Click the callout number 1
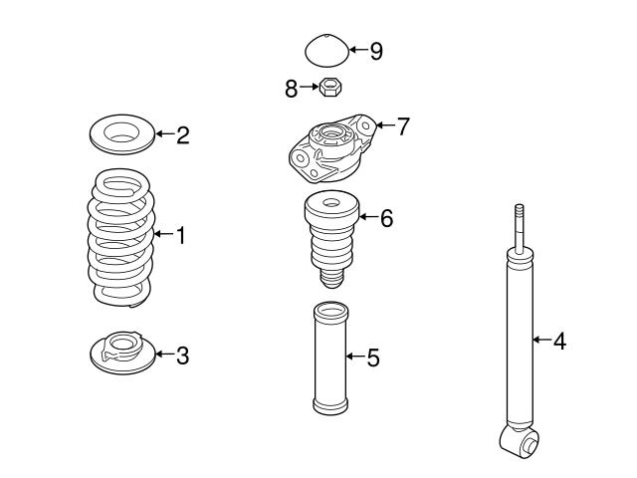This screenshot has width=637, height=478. [x=181, y=236]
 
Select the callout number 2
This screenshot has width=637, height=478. [x=182, y=135]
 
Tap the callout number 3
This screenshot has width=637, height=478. [x=182, y=355]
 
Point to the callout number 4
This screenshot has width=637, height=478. [x=559, y=341]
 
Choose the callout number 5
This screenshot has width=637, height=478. [x=372, y=356]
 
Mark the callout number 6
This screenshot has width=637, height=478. [x=386, y=218]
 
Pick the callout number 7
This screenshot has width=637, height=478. [x=402, y=127]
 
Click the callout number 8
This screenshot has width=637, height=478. [x=292, y=90]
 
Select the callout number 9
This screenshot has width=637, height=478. [x=375, y=50]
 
